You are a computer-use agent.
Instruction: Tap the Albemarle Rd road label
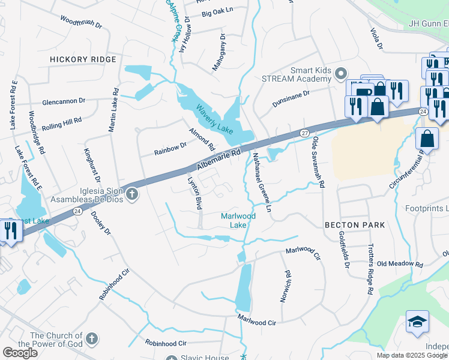coord(214,158)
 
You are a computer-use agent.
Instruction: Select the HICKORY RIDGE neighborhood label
coord(83,60)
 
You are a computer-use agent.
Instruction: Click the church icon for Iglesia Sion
coord(132,194)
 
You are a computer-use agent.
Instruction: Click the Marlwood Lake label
coord(238,220)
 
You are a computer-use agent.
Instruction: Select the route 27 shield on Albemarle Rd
coord(304,133)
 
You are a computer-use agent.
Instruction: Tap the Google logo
coord(20,353)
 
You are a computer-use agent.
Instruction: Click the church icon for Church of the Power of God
coord(91,340)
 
